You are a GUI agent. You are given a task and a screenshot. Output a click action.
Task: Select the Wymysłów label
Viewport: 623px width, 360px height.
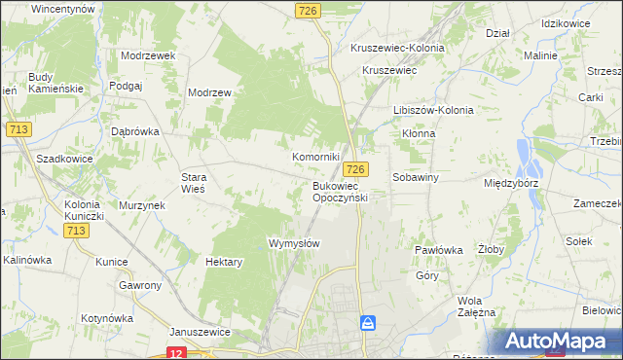pyautogui.click(x=294, y=243)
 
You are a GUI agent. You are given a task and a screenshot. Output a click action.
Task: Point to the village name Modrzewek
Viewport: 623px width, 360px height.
pyautogui.click(x=148, y=55)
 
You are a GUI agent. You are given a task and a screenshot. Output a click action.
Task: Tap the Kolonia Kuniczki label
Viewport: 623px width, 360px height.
pyautogui.click(x=91, y=210)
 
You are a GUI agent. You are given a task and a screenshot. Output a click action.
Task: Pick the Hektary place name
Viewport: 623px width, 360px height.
pyautogui.click(x=225, y=262)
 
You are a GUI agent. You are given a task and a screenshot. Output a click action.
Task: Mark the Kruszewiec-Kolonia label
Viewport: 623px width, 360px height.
pyautogui.click(x=397, y=48)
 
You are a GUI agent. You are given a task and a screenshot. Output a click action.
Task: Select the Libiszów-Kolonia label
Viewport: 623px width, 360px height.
pyautogui.click(x=431, y=110)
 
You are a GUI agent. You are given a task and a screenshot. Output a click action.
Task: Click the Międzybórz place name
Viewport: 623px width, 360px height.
pyautogui.click(x=511, y=182)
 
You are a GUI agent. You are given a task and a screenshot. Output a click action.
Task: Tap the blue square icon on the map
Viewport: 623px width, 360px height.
pyautogui.click(x=367, y=322)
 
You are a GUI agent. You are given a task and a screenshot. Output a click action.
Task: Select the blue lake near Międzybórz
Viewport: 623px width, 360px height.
pyautogui.click(x=527, y=154)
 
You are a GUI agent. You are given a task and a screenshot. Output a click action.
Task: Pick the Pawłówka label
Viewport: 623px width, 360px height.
pyautogui.click(x=438, y=250)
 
